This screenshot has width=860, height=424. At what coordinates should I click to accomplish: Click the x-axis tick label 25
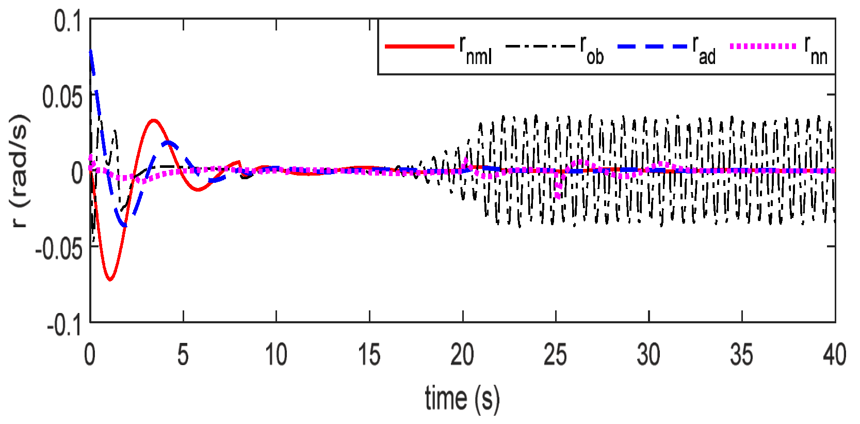click(x=555, y=355)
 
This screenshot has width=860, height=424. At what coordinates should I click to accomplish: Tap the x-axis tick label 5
click(x=183, y=355)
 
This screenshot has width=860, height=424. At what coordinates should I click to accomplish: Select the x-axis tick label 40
click(x=834, y=355)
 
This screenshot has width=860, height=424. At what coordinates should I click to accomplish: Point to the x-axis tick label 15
click(x=369, y=355)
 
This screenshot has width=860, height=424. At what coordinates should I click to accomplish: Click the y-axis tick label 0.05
click(x=62, y=97)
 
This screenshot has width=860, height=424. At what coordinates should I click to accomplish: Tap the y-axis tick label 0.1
click(x=68, y=22)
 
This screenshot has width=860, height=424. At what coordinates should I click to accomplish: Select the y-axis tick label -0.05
click(x=58, y=249)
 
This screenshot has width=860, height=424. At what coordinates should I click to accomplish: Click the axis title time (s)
click(x=462, y=399)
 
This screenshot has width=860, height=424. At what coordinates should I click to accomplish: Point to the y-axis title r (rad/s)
click(x=19, y=170)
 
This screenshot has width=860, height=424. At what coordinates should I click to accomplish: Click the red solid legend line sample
click(x=419, y=46)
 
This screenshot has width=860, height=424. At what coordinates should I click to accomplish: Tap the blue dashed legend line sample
click(x=652, y=46)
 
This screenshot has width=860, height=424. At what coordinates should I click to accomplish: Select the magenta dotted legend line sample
click(x=763, y=46)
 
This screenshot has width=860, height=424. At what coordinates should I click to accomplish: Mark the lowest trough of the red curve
click(x=110, y=279)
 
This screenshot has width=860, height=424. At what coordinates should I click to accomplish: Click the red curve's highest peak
click(x=153, y=120)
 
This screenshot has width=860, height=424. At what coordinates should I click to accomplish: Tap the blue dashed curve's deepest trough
click(x=125, y=225)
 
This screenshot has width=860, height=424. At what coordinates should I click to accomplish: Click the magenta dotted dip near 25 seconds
click(x=558, y=195)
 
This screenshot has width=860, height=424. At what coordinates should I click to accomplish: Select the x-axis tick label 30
click(x=648, y=355)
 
